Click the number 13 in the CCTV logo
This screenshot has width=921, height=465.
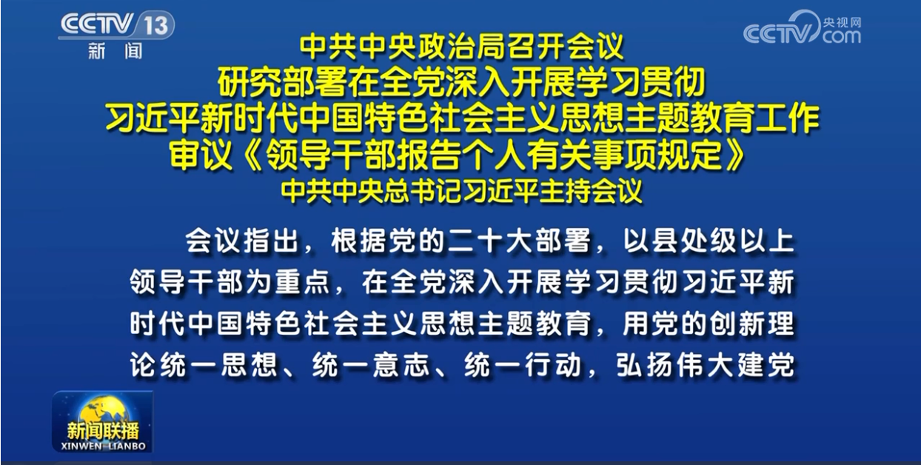pyautogui.click(x=155, y=25)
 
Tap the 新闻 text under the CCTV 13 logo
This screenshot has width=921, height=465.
pyautogui.click(x=115, y=51)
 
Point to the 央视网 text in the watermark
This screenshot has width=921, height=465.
pyautogui.click(x=842, y=22)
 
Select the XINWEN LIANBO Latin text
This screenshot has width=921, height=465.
pyautogui.click(x=103, y=446)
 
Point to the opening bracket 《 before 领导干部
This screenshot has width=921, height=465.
pyautogui.click(x=252, y=155)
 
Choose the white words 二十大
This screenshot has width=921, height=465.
pyautogui.click(x=491, y=241)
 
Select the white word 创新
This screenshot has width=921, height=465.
pyautogui.click(x=737, y=324)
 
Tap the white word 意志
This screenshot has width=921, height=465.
pyautogui.click(x=401, y=365)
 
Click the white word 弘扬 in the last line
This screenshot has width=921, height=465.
pyautogui.click(x=644, y=365)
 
